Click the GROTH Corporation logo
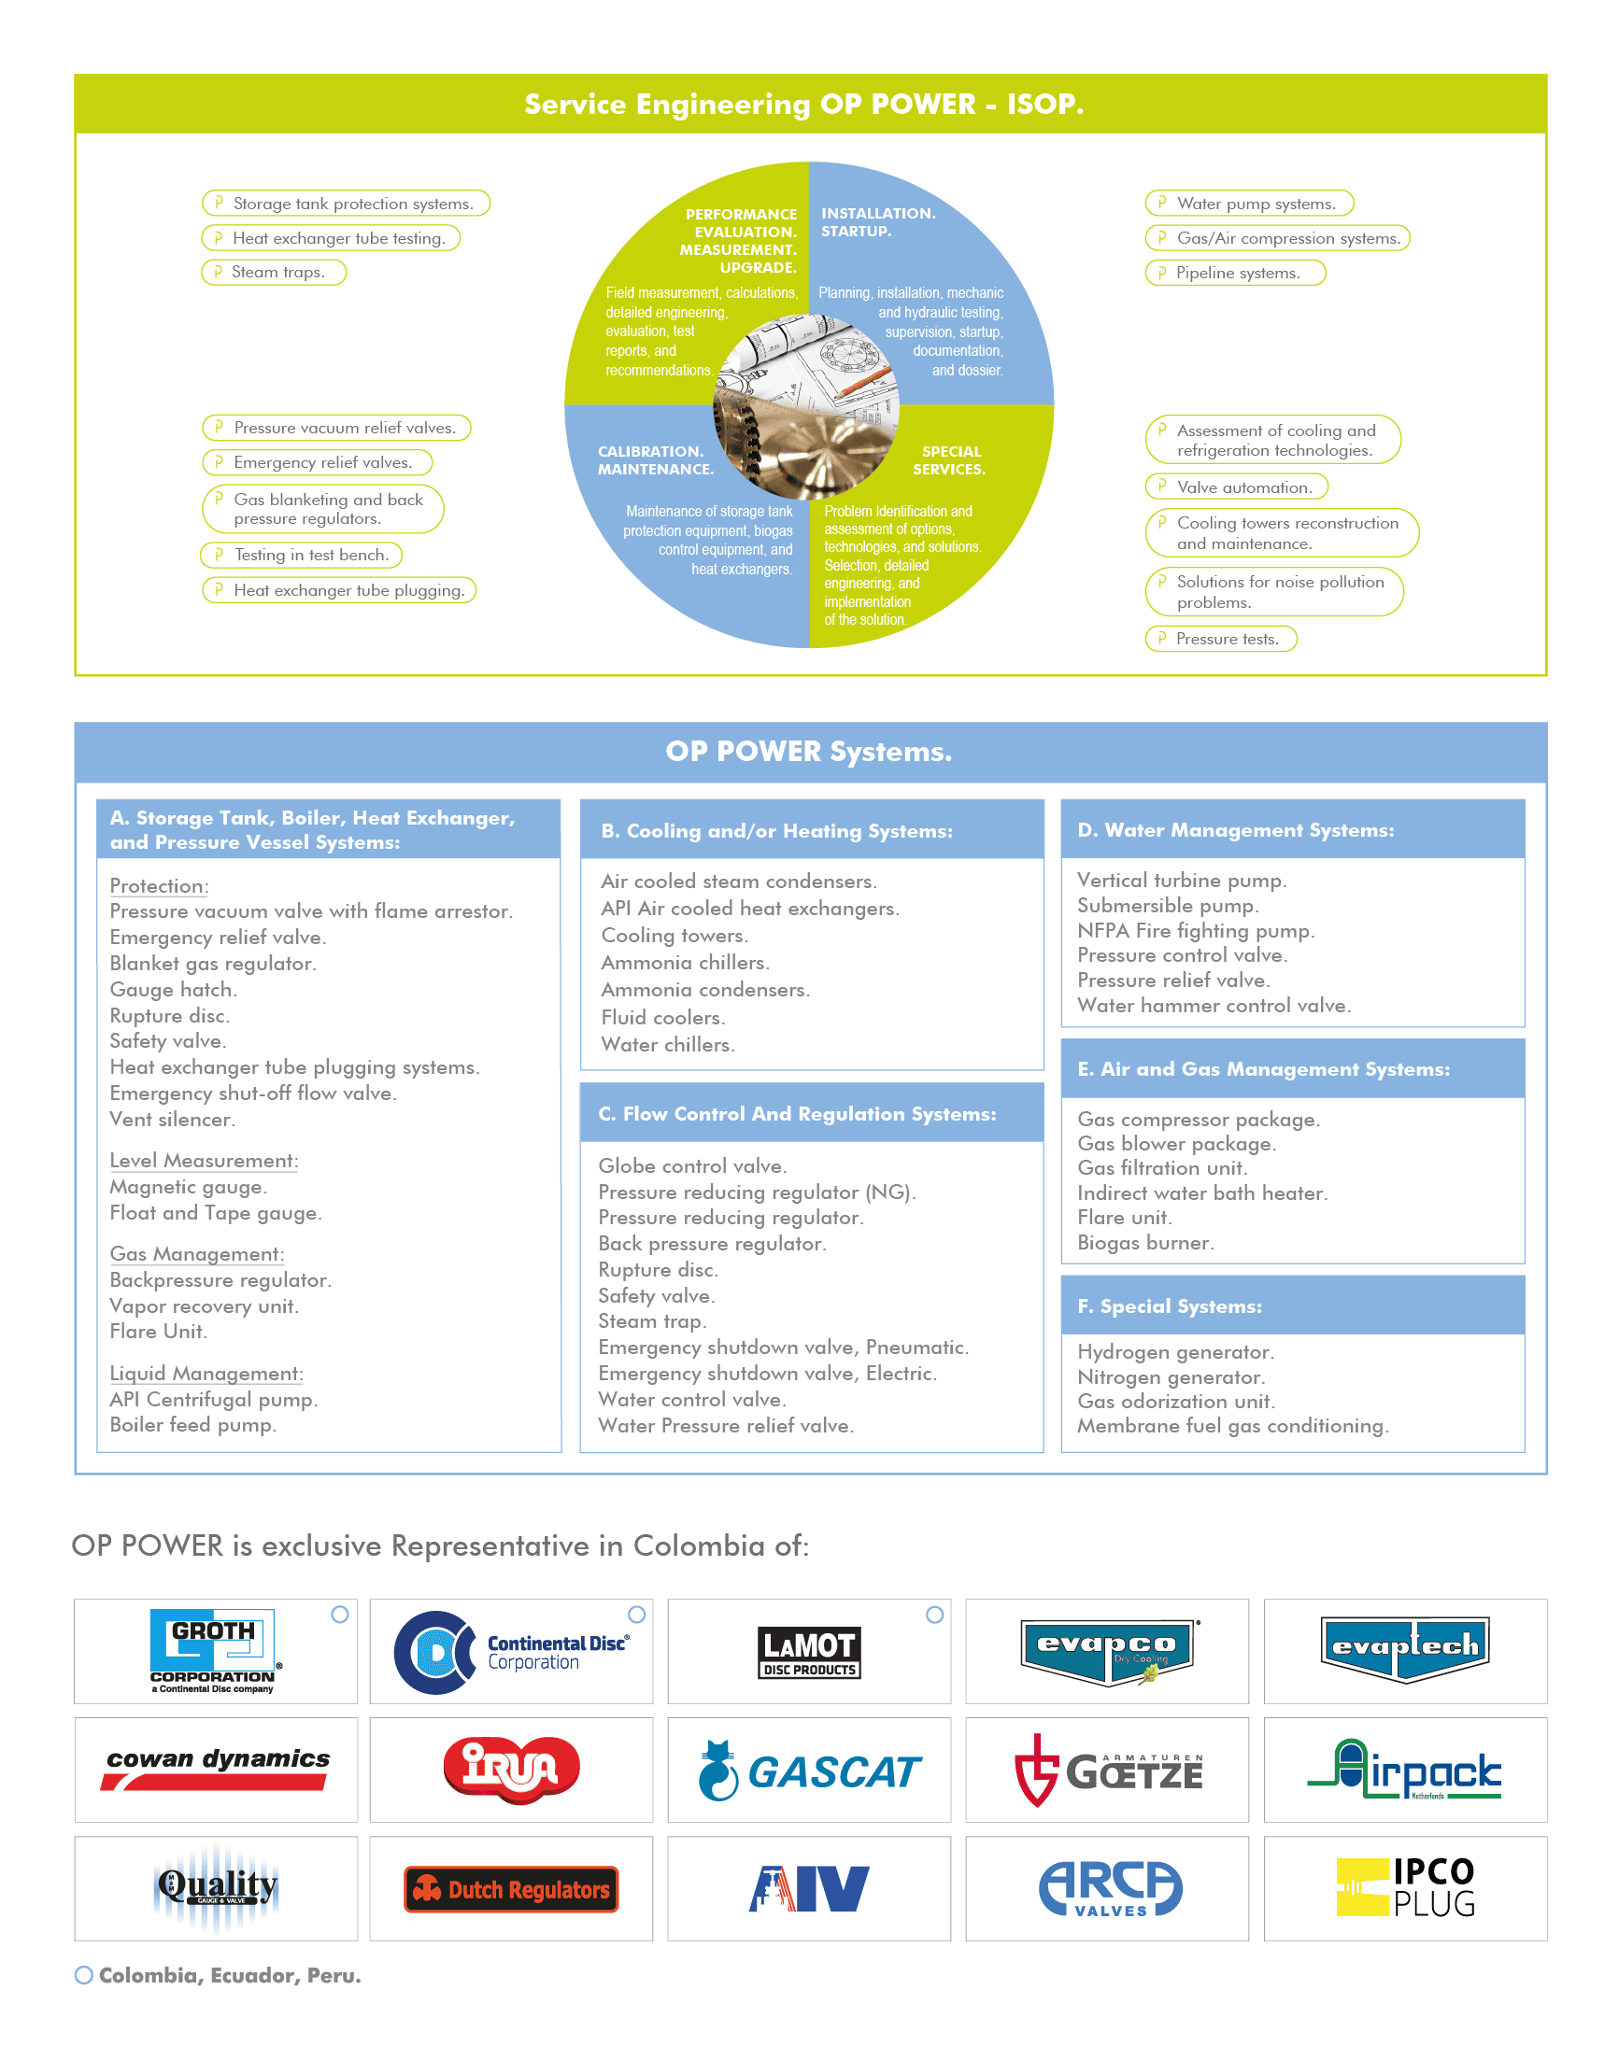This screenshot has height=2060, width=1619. coord(215,1651)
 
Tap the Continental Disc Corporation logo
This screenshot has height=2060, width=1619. coord(511,1652)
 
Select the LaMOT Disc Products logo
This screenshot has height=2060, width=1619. coord(808,1653)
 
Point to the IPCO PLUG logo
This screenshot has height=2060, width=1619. coord(1405,1887)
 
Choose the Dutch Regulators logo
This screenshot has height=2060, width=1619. coord(511,1889)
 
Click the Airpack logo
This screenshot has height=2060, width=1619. coord(1405,1770)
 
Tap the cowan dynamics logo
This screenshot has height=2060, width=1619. coord(216,1768)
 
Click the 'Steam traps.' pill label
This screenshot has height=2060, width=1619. coord(274,273)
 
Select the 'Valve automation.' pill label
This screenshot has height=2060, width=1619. coord(1236,487)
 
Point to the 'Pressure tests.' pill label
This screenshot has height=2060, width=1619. coord(1221,639)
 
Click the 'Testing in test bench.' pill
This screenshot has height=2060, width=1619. coord(302,556)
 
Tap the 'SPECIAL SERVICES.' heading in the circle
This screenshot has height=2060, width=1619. coord(949,460)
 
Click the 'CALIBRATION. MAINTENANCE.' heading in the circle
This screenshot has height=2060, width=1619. coord(655,460)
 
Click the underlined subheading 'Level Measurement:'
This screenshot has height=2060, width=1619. coord(204,1161)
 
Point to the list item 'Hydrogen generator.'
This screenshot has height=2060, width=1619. coord(1174,1352)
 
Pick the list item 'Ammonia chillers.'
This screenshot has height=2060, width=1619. coord(685,963)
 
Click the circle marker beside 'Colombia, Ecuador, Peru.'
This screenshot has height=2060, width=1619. coord(84,1976)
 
